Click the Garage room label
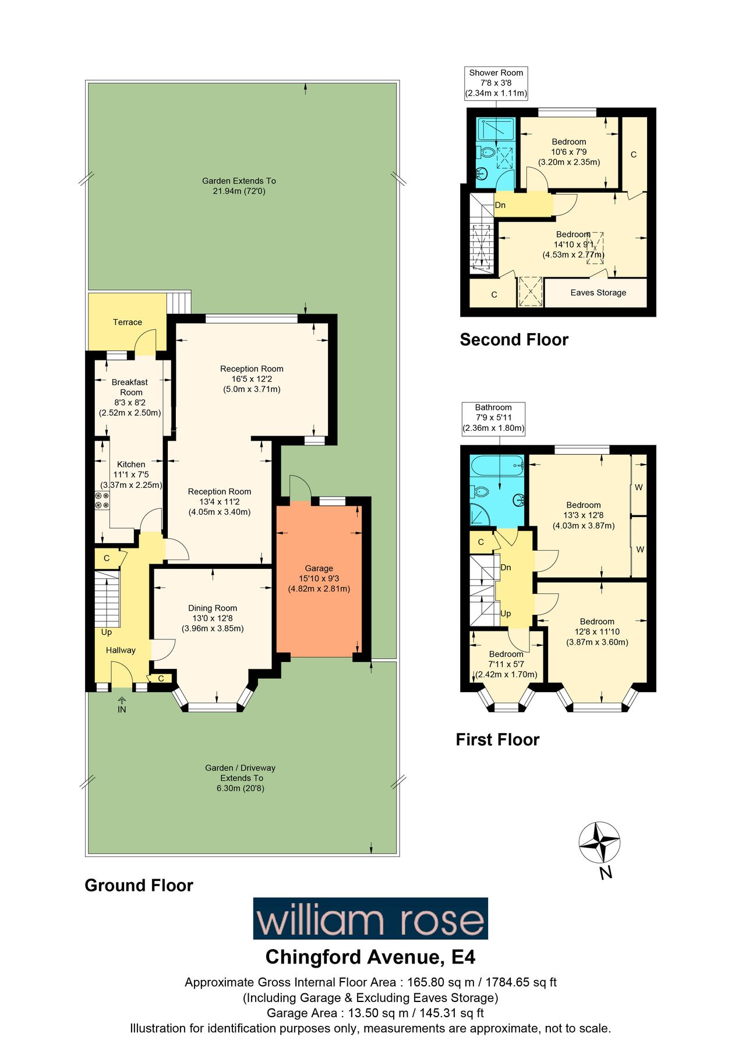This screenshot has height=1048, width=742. pos(319,578)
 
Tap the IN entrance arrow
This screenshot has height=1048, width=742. pos(122,704)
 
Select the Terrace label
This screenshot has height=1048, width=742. pos(128,322)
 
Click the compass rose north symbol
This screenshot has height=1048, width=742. pos(599,842)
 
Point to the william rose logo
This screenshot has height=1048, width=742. pos(370,918)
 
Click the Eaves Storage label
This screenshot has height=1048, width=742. pos(598,292)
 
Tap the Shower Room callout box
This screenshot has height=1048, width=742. pos(496,83)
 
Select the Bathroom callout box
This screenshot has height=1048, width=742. pos(493,417)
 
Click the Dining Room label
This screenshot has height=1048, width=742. pos(213,618)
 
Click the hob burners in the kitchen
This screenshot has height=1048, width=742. pos(102,500)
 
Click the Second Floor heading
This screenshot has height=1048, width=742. pos(514,339)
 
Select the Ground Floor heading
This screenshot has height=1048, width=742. pos(139,885)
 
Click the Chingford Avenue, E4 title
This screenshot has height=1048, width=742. pos(370,957)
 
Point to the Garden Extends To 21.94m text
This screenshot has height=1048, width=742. pos(239,186)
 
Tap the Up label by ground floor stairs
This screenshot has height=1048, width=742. pos(107,632)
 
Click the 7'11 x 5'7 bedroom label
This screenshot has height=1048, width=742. pos(506,664)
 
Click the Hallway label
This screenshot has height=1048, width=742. pos(121,650)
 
